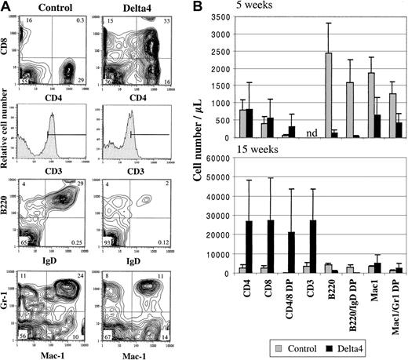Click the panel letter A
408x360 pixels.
[x=7, y=7]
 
